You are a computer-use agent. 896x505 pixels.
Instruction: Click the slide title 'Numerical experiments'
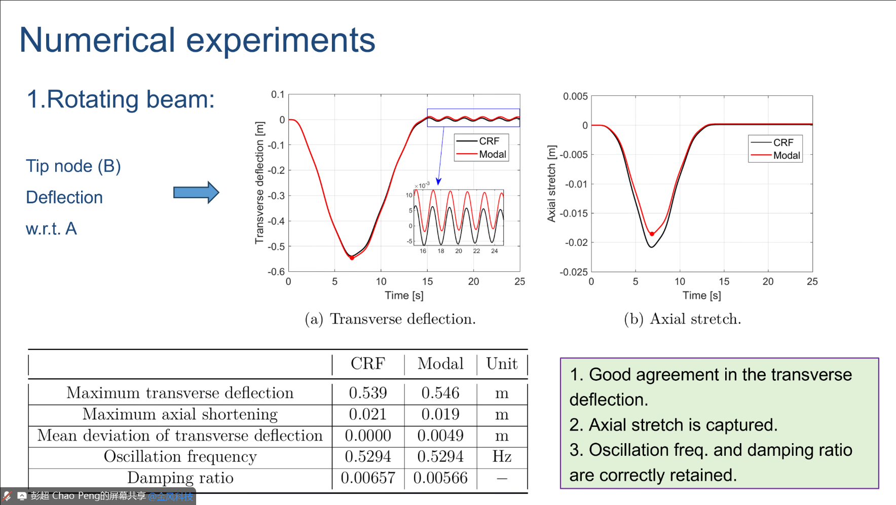click(197, 40)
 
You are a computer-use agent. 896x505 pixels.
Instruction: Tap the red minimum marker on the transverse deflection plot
click(352, 258)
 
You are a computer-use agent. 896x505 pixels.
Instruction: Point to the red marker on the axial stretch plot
click(652, 234)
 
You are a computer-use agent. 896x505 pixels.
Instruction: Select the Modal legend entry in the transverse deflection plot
click(492, 155)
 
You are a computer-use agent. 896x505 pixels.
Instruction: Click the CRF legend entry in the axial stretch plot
click(782, 143)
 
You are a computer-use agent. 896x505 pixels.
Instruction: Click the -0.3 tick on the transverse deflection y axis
click(276, 196)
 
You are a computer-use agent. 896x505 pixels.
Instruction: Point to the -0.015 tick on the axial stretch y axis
click(574, 213)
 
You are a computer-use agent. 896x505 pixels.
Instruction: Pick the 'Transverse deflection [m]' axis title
click(259, 183)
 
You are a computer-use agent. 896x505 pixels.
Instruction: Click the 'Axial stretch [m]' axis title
click(552, 184)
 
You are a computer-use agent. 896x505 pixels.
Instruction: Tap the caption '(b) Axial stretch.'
click(682, 319)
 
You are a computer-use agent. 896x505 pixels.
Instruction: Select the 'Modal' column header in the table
click(440, 364)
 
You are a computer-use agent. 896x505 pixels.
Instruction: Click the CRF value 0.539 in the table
click(368, 393)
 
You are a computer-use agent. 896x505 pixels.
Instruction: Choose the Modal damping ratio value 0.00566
click(440, 478)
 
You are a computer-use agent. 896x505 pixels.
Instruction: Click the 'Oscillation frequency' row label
click(180, 457)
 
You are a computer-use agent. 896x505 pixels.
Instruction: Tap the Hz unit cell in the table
click(502, 457)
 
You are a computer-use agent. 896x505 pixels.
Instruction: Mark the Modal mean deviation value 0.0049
click(440, 436)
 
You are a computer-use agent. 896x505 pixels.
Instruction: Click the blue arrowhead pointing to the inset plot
click(439, 181)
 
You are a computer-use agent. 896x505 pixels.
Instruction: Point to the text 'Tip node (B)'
click(73, 166)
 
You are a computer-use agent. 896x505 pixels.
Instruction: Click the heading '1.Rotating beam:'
click(121, 99)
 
